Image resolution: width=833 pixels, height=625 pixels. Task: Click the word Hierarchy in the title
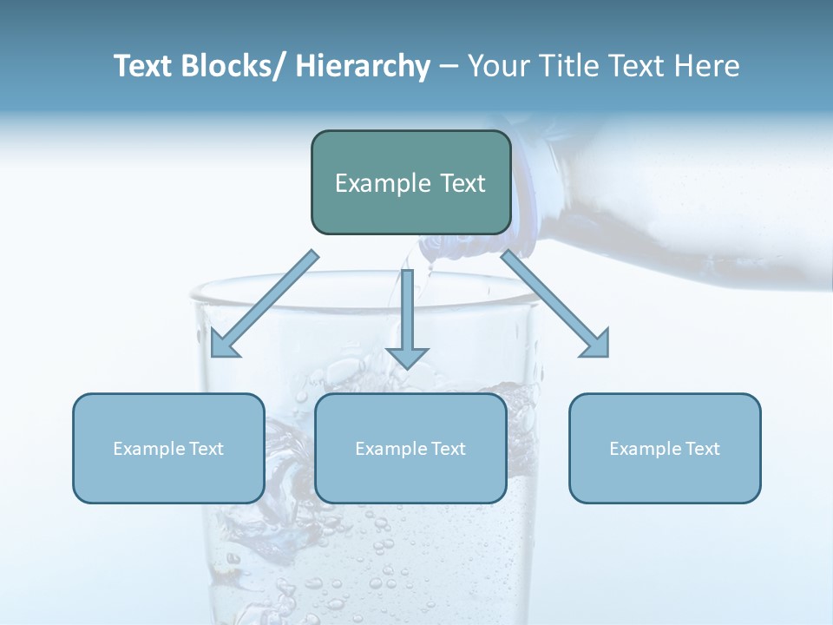tap(363, 66)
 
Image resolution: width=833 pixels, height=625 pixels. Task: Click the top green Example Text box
tap(410, 182)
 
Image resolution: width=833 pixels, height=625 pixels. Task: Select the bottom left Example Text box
tap(168, 448)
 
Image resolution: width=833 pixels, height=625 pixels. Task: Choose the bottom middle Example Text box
tap(410, 448)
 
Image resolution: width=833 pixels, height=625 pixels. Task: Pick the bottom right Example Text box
tap(665, 448)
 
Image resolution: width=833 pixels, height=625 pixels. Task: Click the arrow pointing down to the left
tap(265, 304)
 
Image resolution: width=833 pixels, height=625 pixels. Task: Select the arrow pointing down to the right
tap(555, 304)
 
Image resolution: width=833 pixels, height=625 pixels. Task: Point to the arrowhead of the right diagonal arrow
tap(597, 344)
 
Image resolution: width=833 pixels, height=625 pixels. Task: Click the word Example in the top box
tap(382, 183)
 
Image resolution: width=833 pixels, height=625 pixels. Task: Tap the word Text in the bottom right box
tap(702, 449)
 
